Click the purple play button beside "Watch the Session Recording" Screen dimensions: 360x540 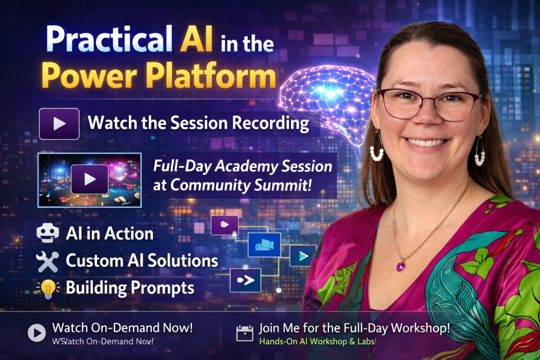[59, 124]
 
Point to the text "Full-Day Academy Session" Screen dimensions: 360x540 [243, 167]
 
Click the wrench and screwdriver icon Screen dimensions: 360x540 [47, 261]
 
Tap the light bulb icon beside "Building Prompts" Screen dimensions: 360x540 [47, 288]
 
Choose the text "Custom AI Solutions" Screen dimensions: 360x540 [141, 260]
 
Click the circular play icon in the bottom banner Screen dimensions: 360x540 [36, 333]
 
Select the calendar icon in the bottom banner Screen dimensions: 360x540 [244, 333]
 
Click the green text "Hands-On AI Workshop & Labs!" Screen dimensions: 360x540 [317, 342]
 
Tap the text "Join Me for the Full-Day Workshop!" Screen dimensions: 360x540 [354, 328]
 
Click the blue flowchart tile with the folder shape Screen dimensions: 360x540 [264, 245]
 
